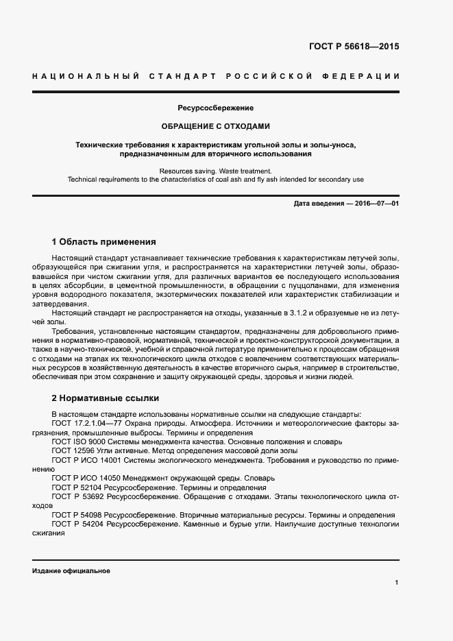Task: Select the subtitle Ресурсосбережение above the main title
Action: pos(216,108)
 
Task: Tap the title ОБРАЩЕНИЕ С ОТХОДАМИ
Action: pos(216,126)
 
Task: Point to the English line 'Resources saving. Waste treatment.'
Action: pos(216,171)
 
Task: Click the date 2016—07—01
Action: pos(376,204)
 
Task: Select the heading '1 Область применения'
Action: pos(104,242)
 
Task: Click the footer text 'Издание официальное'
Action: pos(71,570)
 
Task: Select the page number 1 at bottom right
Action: pos(397,582)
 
